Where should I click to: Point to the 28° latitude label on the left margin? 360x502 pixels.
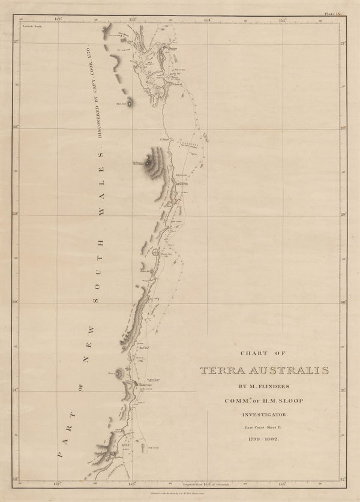[16, 127]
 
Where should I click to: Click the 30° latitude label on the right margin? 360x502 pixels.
[344, 303]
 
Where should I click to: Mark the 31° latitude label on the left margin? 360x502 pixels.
[16, 390]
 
